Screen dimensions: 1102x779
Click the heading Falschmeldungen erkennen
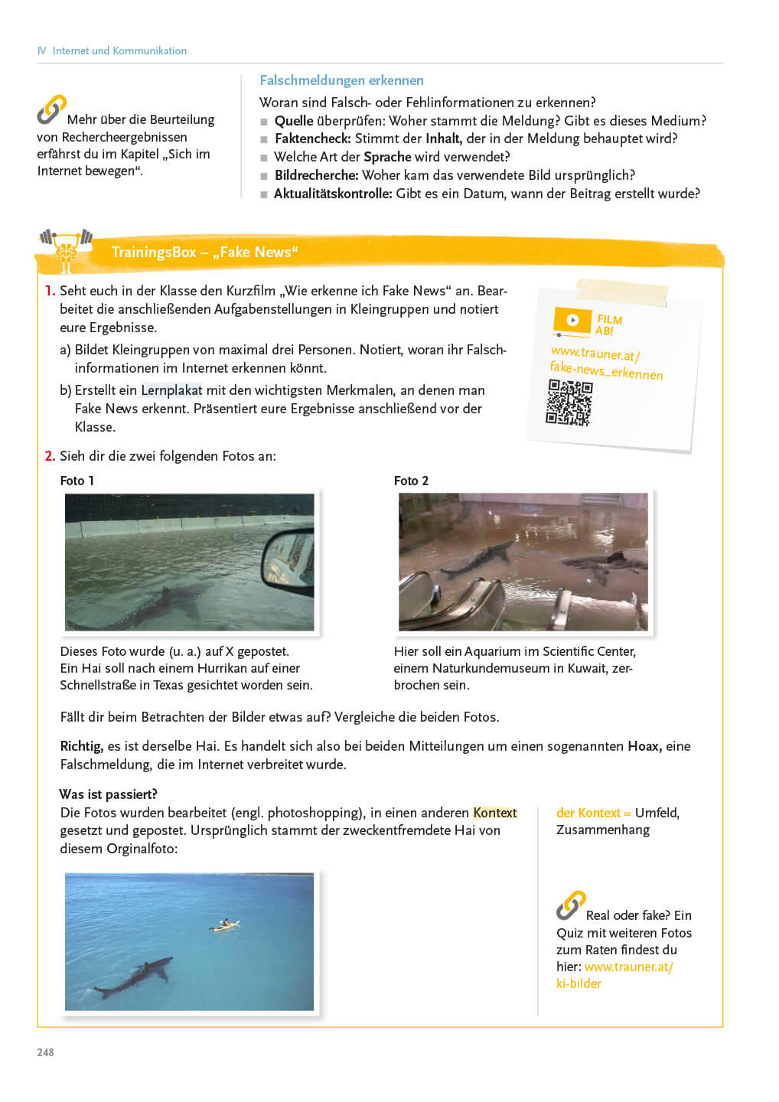pos(341,80)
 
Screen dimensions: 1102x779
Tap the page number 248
pos(46,1052)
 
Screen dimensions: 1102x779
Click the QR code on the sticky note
pos(569,403)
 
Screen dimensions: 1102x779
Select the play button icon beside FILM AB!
pos(572,321)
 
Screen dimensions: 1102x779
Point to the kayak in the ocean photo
pos(223,925)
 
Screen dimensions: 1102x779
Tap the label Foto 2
pos(411,481)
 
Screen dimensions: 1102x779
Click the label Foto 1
pos(77,481)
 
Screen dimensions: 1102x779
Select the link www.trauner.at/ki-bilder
pos(616,975)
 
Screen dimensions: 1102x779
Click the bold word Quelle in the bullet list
pos(293,121)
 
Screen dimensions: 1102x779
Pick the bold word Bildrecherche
pos(316,175)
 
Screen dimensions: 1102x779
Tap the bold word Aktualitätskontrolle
pos(333,194)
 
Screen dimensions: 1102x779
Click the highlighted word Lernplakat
pos(171,390)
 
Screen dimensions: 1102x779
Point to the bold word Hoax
pos(644,746)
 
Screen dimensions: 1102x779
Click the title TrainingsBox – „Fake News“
pos(204,253)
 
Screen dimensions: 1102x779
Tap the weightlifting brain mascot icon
pos(66,248)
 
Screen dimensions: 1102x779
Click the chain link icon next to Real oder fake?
pos(570,905)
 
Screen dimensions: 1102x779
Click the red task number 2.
pos(50,456)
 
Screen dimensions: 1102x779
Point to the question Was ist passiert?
pos(108,794)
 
